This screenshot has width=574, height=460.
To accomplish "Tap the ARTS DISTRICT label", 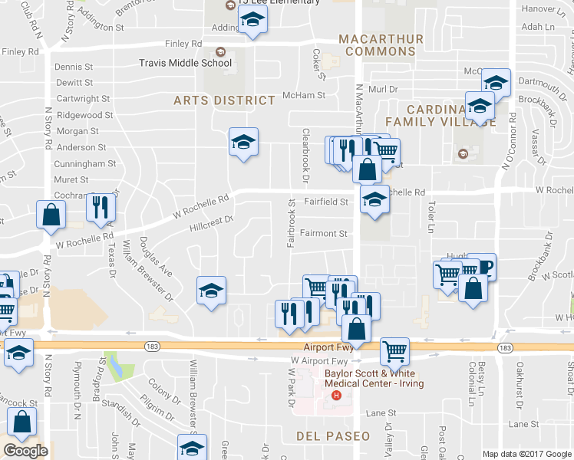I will [x=224, y=100].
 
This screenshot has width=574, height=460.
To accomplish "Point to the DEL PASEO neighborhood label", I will [x=333, y=436].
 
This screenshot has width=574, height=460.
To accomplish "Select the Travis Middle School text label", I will [x=185, y=64].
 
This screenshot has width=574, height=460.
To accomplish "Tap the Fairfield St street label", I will [x=326, y=202].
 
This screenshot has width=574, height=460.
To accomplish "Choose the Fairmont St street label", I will [x=324, y=233].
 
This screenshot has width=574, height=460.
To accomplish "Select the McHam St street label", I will [x=305, y=96].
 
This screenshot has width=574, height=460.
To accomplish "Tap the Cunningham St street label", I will [x=84, y=164].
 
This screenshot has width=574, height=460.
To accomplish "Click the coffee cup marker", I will [x=482, y=265].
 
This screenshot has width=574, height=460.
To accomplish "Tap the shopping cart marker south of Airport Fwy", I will [x=394, y=351].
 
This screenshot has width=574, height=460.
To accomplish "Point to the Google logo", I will [x=25, y=451].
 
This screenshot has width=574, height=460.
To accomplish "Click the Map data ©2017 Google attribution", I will [x=527, y=454].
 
